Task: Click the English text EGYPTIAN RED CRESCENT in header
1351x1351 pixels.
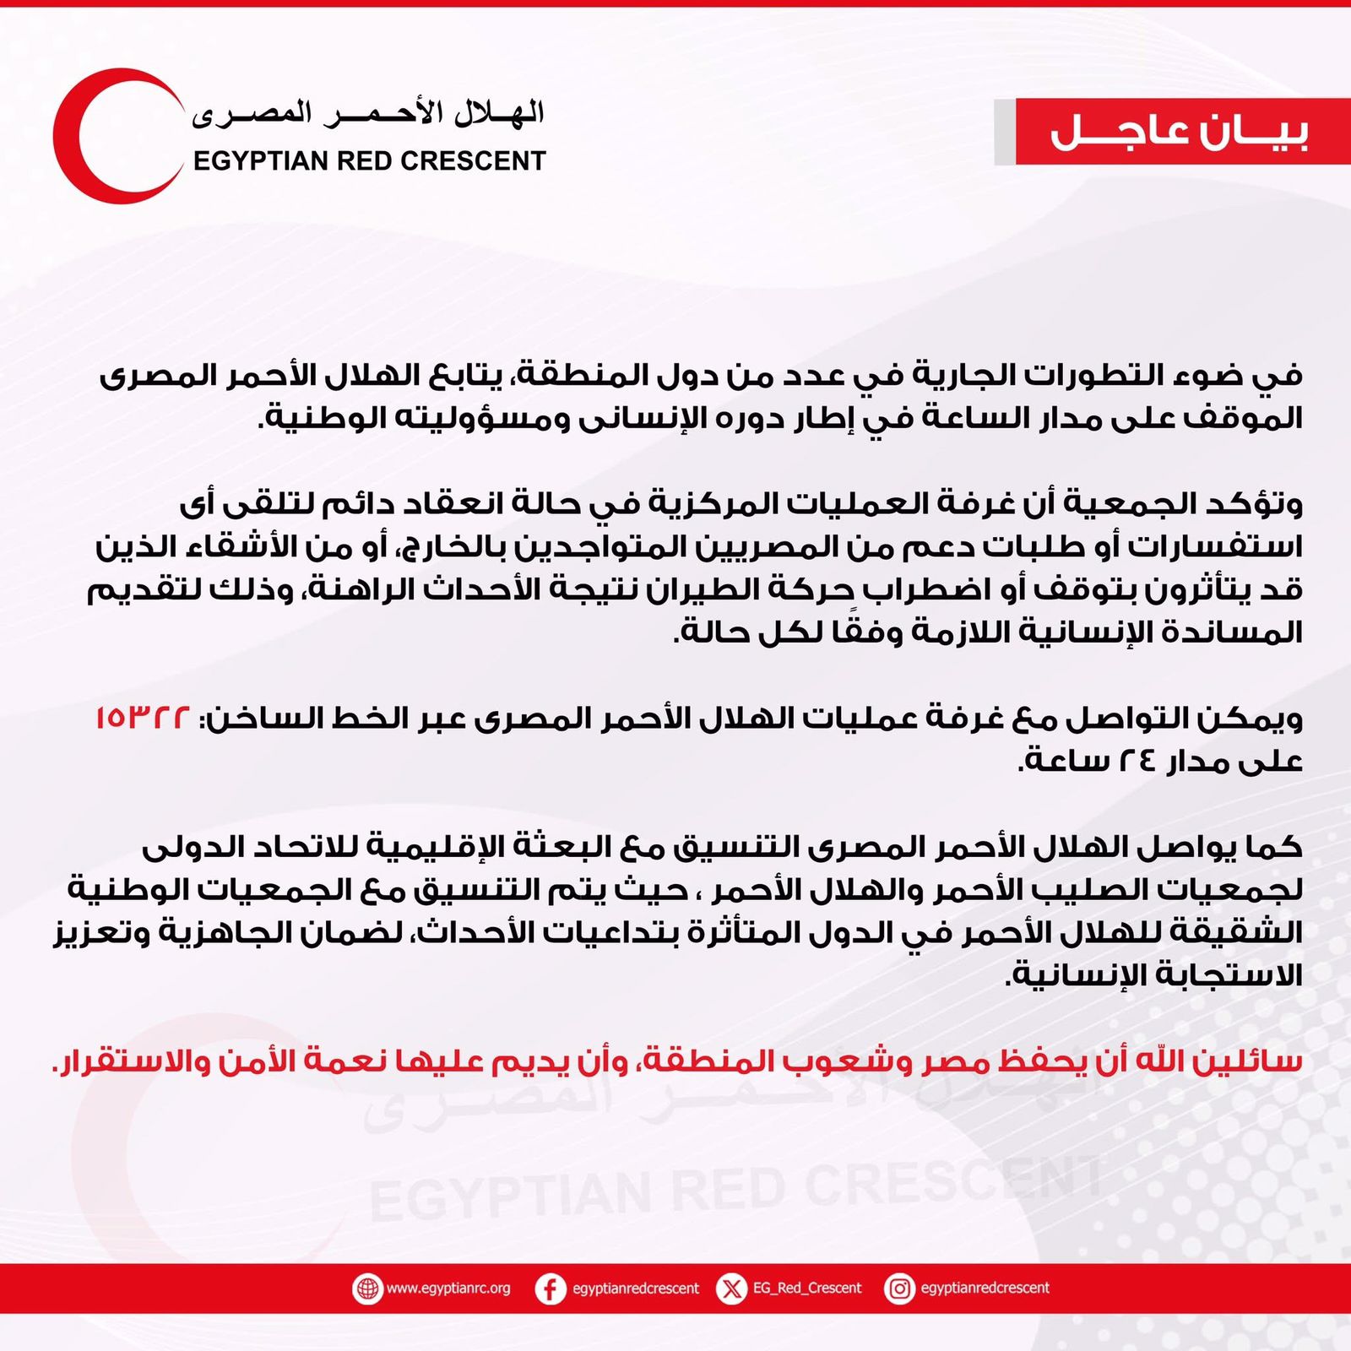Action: click(369, 160)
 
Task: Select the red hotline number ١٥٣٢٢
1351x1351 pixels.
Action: click(143, 719)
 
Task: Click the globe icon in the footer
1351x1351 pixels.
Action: click(367, 1289)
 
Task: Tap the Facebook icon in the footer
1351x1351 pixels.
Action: click(551, 1289)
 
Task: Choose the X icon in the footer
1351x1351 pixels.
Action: click(731, 1289)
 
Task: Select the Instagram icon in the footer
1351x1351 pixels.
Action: click(900, 1289)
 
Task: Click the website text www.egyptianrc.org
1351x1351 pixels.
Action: click(448, 1289)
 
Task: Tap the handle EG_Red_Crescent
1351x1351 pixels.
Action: click(807, 1289)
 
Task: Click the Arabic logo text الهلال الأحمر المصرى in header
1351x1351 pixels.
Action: click(368, 113)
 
